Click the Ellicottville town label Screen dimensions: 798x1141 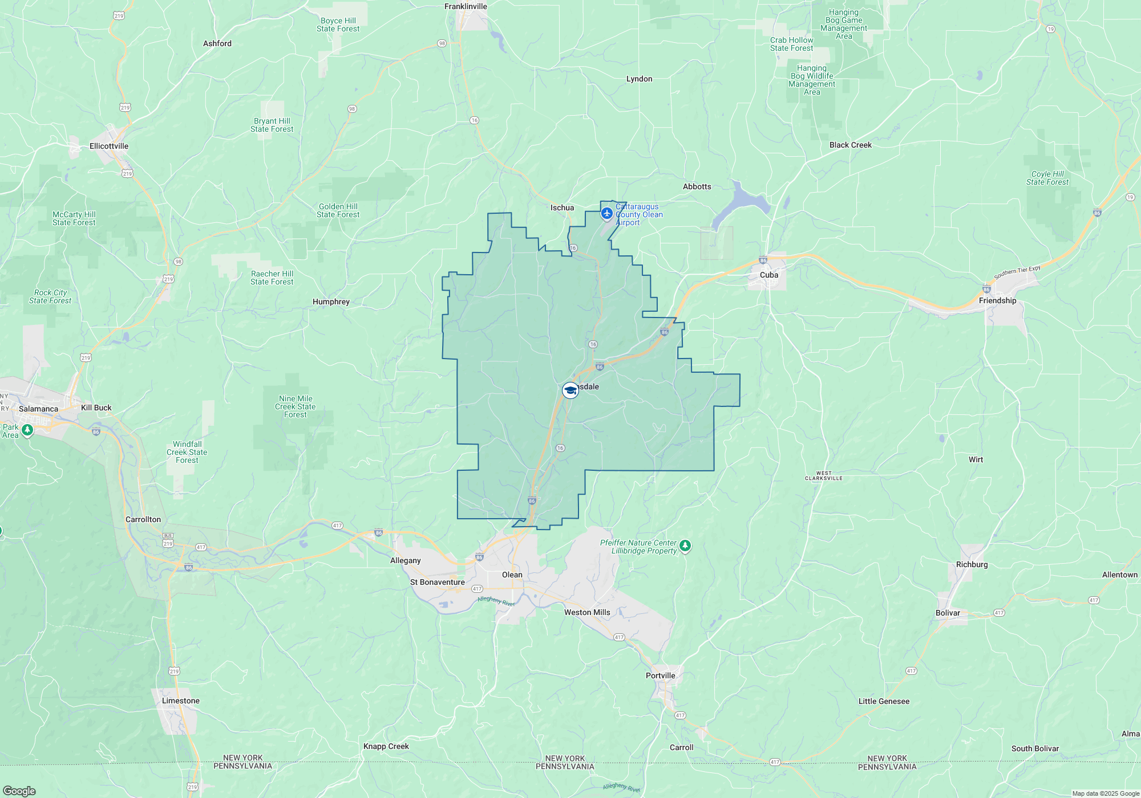[x=109, y=146]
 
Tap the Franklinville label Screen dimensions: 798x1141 [x=466, y=6]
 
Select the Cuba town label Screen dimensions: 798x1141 [x=768, y=275]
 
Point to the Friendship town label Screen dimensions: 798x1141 [x=997, y=300]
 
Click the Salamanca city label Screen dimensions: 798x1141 [x=38, y=409]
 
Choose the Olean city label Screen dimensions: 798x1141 [x=512, y=575]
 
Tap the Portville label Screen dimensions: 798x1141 [x=660, y=675]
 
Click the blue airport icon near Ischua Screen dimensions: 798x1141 [x=607, y=214]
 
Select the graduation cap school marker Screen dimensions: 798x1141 [x=570, y=390]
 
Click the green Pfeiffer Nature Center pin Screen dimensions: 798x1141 [x=685, y=546]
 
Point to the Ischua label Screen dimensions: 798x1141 [x=562, y=207]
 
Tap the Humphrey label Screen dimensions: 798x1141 [x=331, y=302]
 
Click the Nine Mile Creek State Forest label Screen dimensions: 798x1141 [x=295, y=406]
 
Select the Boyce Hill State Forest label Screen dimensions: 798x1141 [x=338, y=25]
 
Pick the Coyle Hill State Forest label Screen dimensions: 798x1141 [x=1047, y=178]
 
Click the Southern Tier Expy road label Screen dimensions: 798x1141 [x=1017, y=272]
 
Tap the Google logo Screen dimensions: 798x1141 [x=19, y=791]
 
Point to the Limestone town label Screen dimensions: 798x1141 [x=180, y=701]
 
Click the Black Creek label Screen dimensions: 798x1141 [x=850, y=145]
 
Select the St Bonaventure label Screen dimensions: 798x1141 [x=437, y=582]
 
